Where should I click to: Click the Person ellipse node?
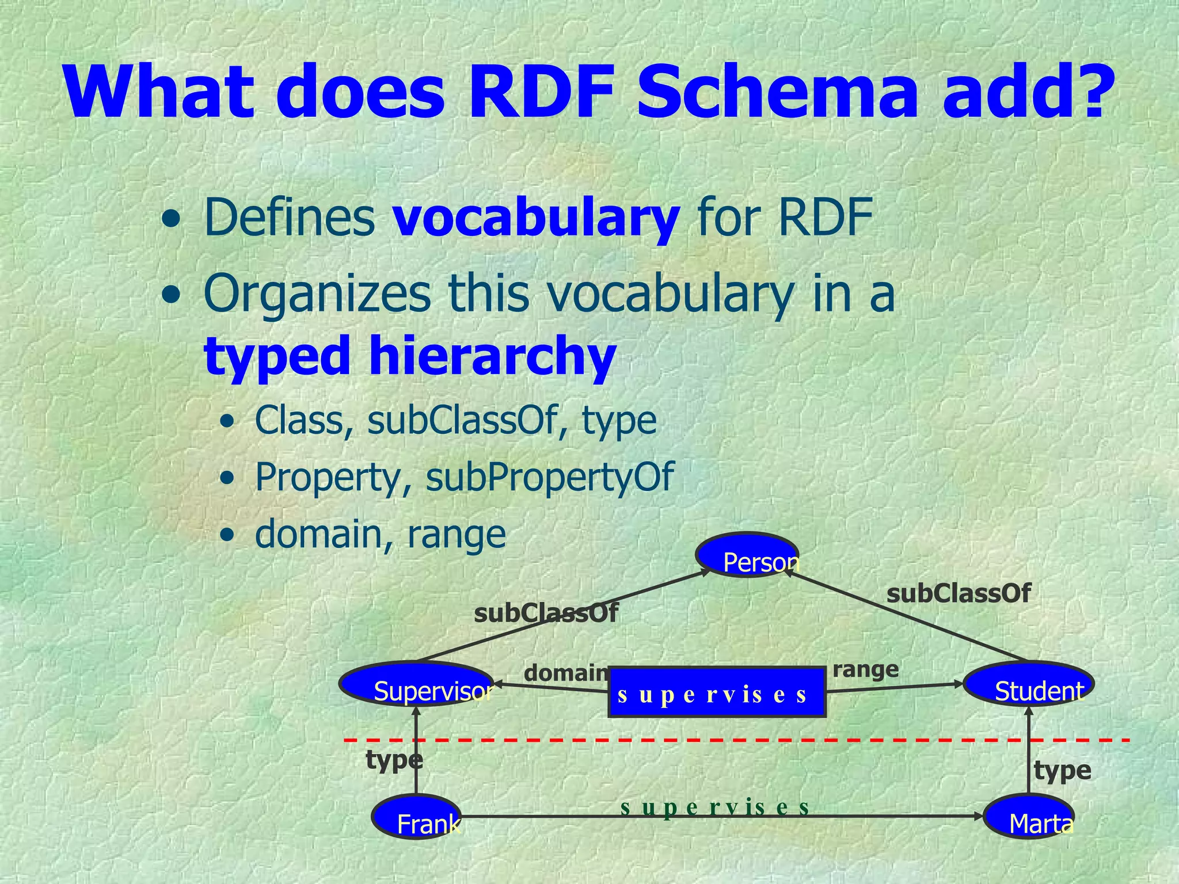tap(747, 555)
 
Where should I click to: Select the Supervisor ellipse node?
tap(416, 684)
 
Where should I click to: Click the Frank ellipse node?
tap(416, 817)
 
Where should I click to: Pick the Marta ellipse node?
tap(1029, 817)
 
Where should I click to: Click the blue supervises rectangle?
tap(717, 692)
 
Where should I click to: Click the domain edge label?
tap(566, 673)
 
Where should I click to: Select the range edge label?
tap(865, 669)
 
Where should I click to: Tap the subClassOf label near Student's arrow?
tap(958, 593)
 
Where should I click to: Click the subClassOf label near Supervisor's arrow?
tap(546, 614)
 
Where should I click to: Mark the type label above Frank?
tap(394, 760)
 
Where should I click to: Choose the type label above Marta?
tap(1062, 771)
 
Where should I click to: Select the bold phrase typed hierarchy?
tap(410, 355)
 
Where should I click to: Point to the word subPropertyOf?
tap(549, 477)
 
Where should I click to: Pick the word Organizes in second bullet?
tap(317, 294)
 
